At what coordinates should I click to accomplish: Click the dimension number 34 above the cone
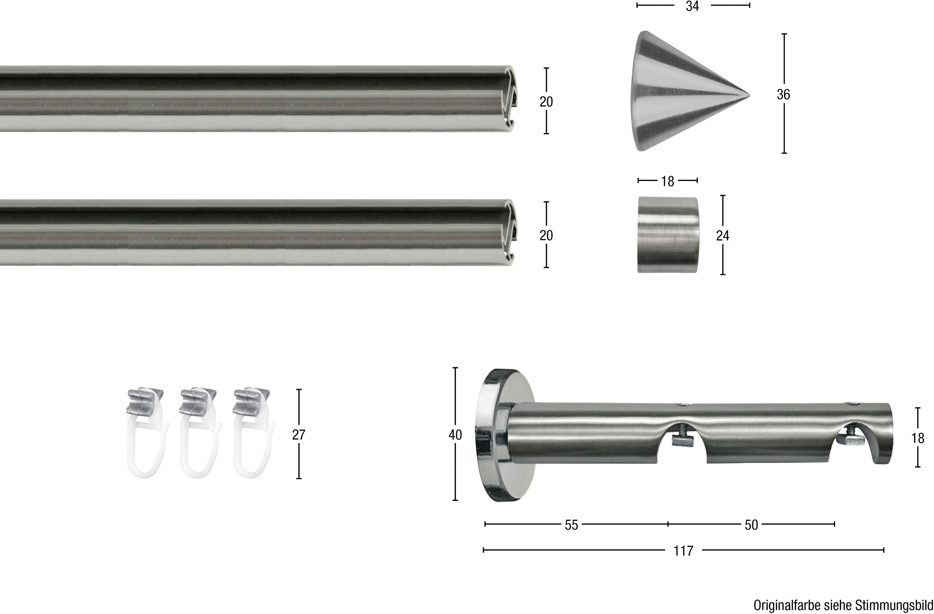pos(692,6)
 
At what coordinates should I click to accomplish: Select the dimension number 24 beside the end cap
pos(723,235)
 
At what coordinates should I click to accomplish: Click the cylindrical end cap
pos(667,235)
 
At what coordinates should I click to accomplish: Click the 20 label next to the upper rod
pos(546,102)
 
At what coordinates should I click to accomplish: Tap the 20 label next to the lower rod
pos(546,235)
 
